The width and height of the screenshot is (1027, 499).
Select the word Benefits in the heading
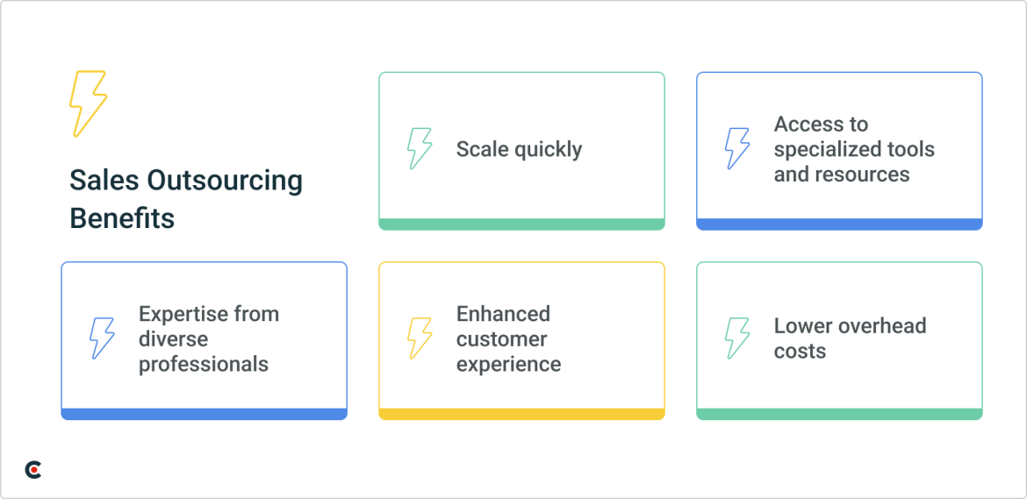pyautogui.click(x=122, y=218)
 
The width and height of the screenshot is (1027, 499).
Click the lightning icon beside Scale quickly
pyautogui.click(x=420, y=148)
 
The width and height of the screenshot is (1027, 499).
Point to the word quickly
pyautogui.click(x=548, y=150)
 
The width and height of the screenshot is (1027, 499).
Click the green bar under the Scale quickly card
pyautogui.click(x=521, y=225)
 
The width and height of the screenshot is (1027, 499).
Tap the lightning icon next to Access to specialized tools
pyautogui.click(x=736, y=148)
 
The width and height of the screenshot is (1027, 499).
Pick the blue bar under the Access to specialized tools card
pyautogui.click(x=839, y=225)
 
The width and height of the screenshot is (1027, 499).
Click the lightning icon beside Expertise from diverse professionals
pyautogui.click(x=102, y=339)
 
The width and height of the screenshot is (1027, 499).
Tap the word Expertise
pyautogui.click(x=175, y=315)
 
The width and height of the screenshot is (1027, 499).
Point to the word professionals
pyautogui.click(x=204, y=364)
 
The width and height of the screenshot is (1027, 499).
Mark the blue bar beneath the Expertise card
pyautogui.click(x=204, y=414)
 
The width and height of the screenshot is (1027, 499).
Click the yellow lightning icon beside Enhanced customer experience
pyautogui.click(x=420, y=339)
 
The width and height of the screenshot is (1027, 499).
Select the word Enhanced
pyautogui.click(x=503, y=314)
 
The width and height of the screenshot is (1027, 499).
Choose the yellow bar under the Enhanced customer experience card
pyautogui.click(x=521, y=414)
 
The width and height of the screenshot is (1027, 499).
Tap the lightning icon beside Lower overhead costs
pyautogui.click(x=736, y=339)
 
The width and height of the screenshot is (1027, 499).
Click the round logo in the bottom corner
pyautogui.click(x=32, y=469)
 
